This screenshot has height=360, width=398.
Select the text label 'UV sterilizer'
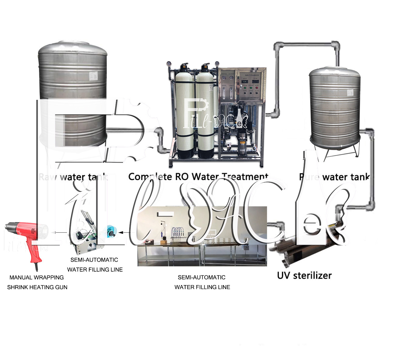[x=304, y=275]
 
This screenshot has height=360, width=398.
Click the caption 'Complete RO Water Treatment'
[x=198, y=177]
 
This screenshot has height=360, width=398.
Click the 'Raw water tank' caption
[x=73, y=177]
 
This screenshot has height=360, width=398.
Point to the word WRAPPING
[x=49, y=277]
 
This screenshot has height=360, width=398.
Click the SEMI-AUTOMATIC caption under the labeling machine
[x=94, y=260]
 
